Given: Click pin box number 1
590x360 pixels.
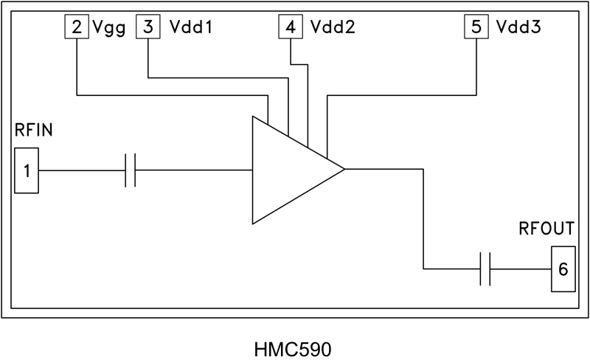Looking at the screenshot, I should (27, 170).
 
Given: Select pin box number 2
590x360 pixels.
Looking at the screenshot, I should (77, 28).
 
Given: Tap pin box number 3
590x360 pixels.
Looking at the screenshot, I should (148, 28).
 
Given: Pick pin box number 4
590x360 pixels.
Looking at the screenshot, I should (290, 28).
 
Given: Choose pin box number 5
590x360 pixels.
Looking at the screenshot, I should (476, 28).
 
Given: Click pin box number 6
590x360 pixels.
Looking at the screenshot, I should (563, 269).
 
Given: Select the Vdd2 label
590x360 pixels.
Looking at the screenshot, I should (330, 28).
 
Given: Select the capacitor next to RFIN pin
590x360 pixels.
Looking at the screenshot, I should (131, 170).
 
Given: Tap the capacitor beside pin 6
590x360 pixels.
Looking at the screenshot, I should (485, 269).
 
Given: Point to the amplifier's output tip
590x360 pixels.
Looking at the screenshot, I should (344, 170).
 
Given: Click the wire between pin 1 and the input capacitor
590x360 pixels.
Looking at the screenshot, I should (81, 170).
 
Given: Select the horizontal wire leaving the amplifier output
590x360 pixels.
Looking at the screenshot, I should (383, 170).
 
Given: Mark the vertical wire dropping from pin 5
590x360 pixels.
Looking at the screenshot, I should (476, 66).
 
